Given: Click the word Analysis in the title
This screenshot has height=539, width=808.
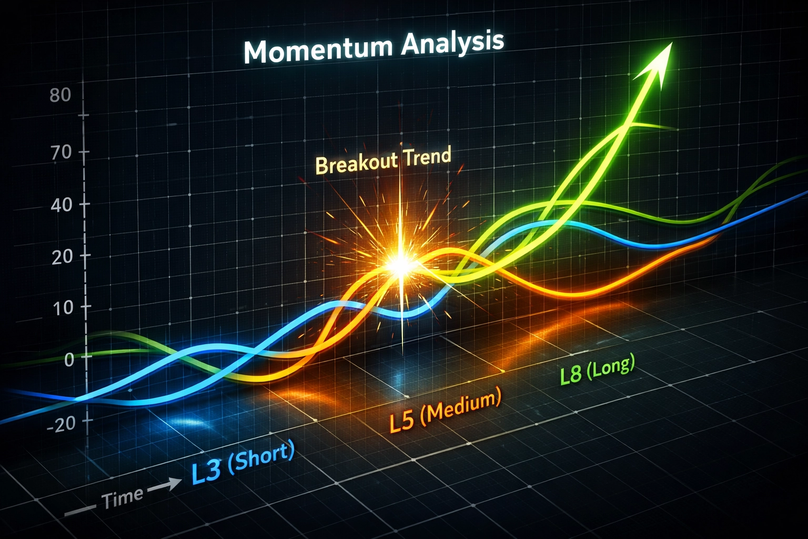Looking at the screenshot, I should pyautogui.click(x=452, y=42).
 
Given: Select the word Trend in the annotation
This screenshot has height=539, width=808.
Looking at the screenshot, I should pyautogui.click(x=427, y=156).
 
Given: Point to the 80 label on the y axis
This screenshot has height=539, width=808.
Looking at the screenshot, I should pyautogui.click(x=59, y=95).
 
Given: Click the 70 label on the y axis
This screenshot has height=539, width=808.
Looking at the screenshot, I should pyautogui.click(x=59, y=153).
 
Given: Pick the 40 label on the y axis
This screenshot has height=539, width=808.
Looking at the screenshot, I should pyautogui.click(x=61, y=205).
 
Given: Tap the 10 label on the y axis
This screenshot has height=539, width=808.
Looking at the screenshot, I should pyautogui.click(x=63, y=308).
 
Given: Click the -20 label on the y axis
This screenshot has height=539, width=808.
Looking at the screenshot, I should pyautogui.click(x=62, y=424).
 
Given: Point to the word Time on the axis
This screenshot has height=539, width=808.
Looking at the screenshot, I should pyautogui.click(x=122, y=497).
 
